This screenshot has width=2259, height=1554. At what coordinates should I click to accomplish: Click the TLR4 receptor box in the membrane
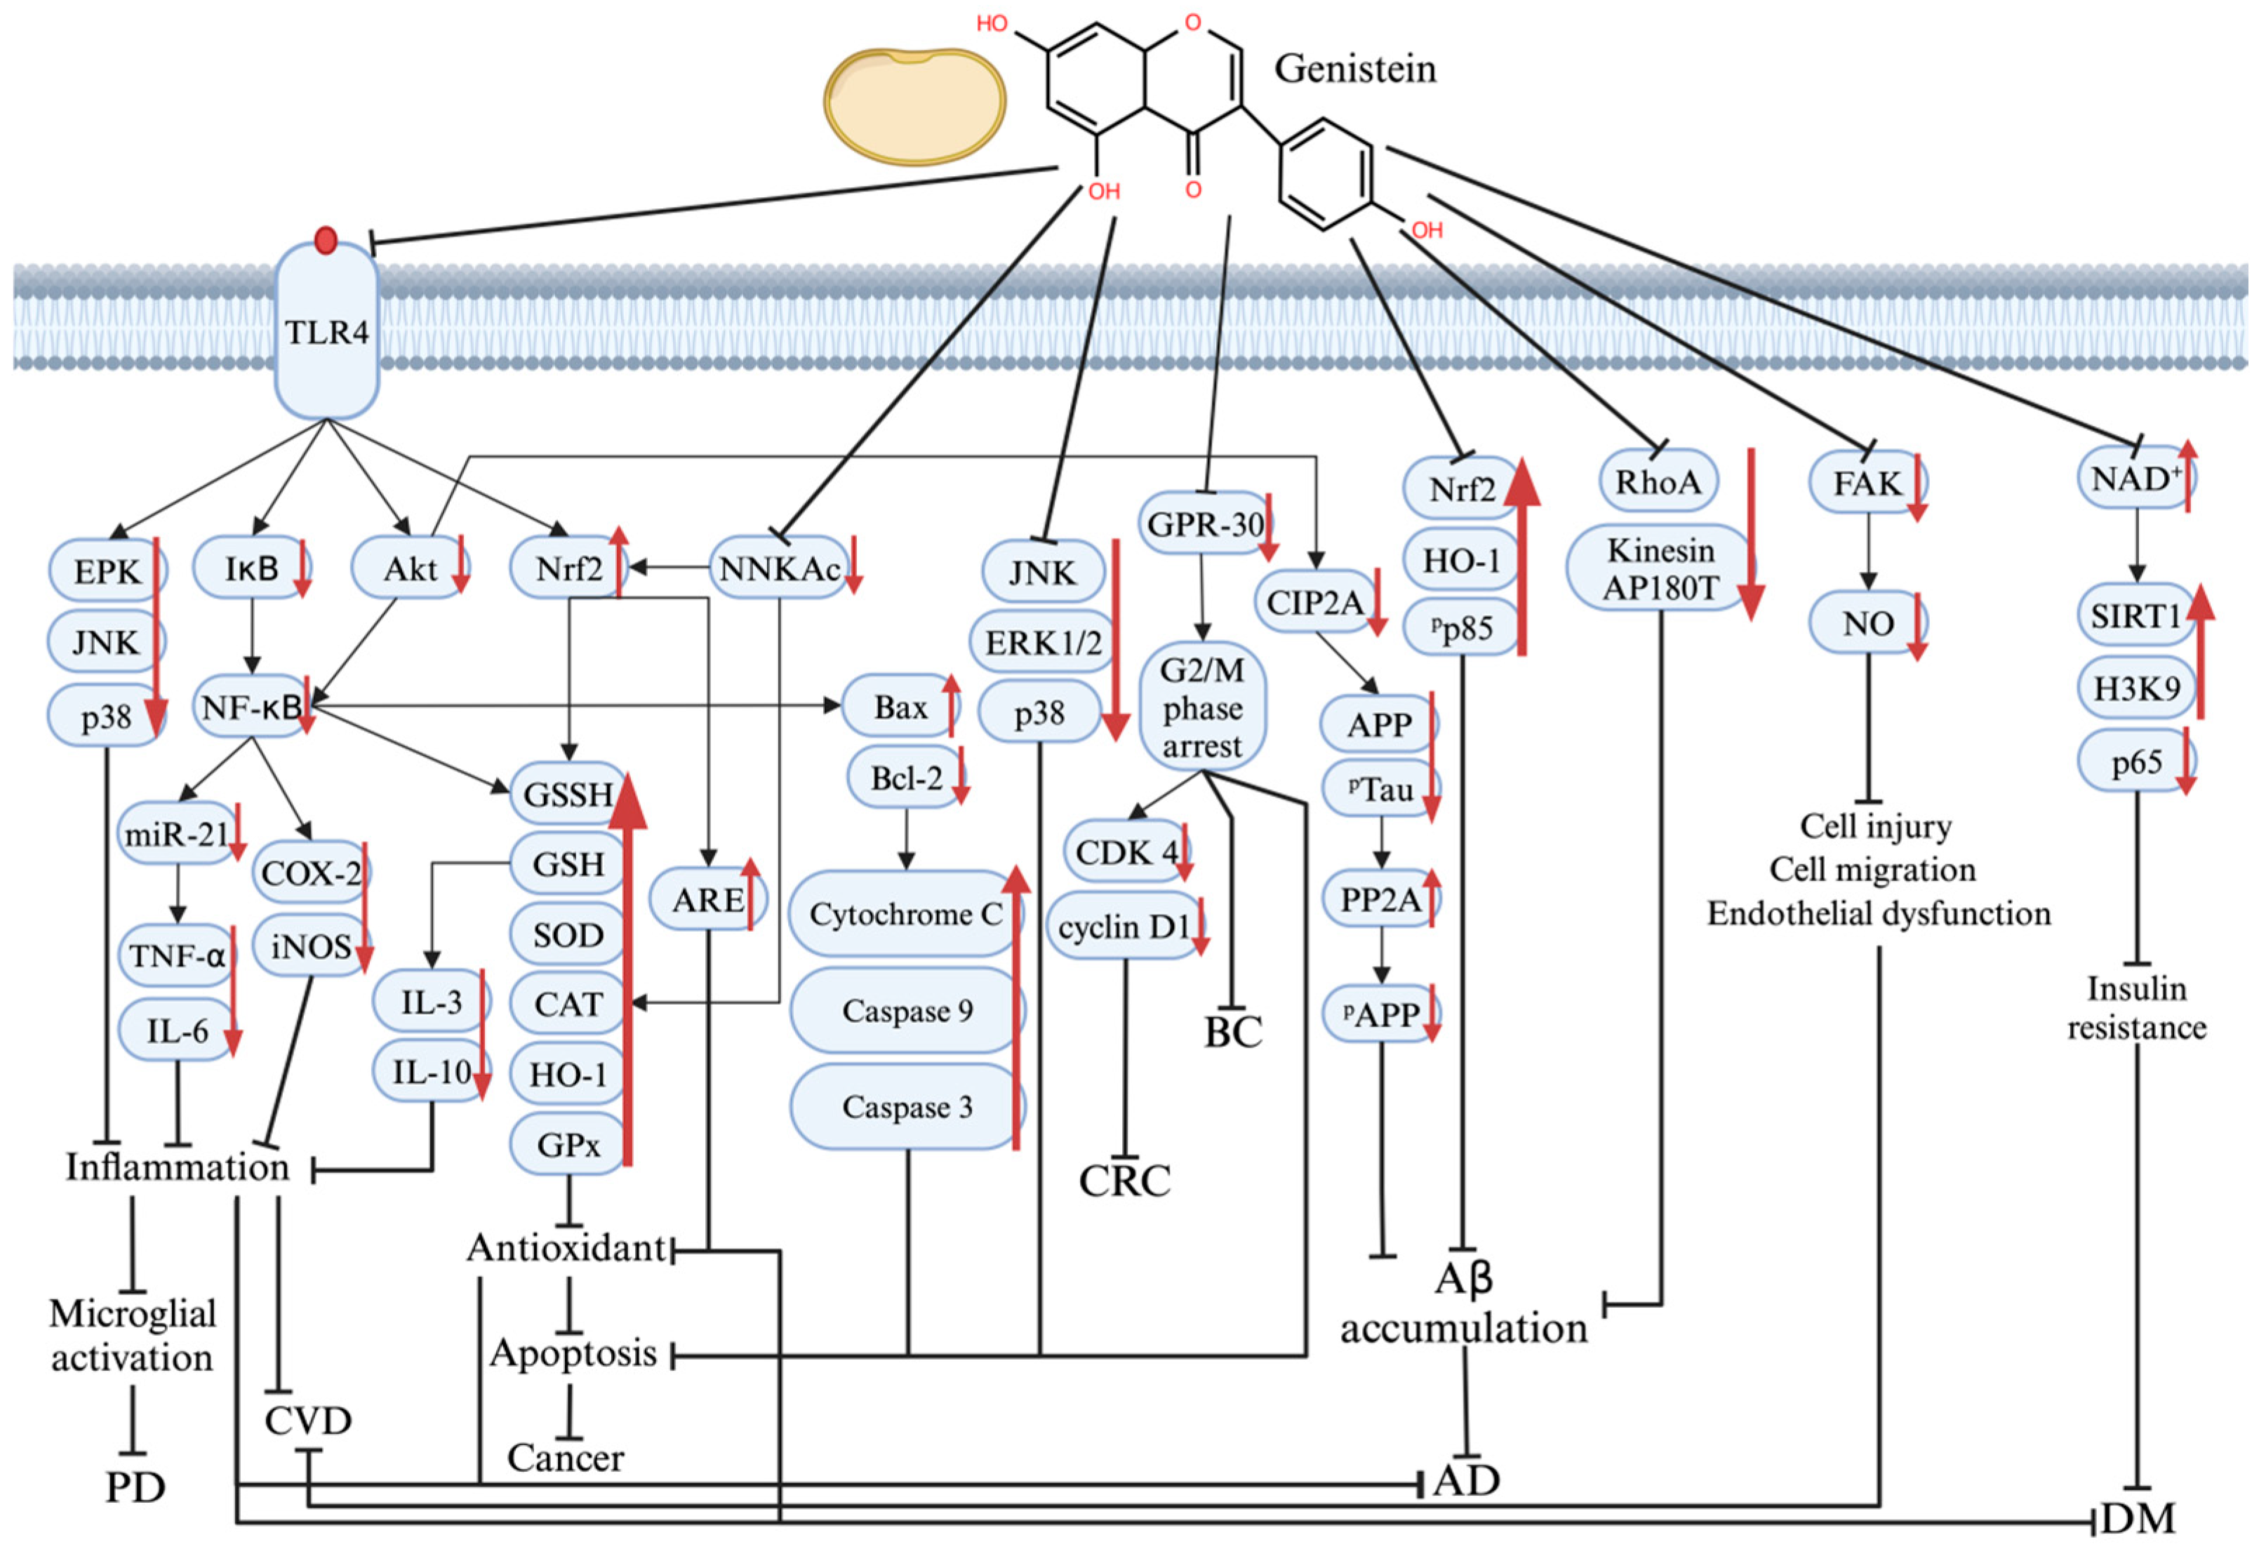326,331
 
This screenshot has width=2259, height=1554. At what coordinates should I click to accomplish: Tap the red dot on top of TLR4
326,239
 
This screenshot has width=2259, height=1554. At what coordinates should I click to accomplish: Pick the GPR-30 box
1204,524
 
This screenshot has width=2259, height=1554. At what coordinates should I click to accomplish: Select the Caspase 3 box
905,1106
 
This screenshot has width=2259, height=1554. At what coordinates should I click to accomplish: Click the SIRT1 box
2134,615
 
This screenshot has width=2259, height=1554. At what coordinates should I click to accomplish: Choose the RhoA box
1658,481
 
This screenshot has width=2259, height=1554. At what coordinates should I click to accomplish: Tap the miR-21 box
176,833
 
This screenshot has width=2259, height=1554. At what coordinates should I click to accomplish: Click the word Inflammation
178,1167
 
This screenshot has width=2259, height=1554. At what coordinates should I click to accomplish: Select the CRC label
1125,1181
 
